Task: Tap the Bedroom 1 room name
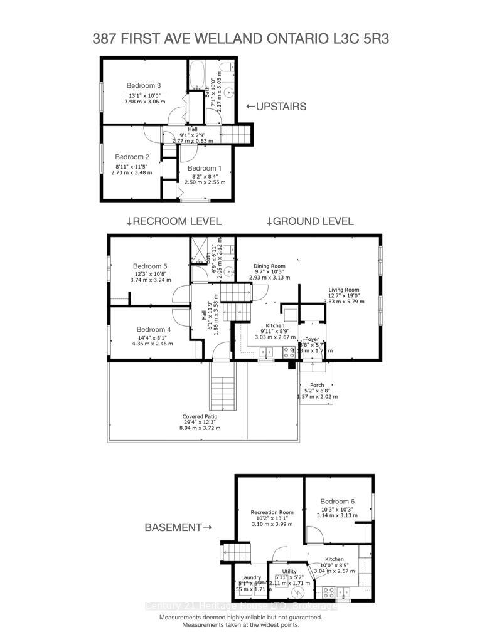click(205, 168)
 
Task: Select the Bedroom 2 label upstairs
click(132, 157)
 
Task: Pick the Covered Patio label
click(201, 417)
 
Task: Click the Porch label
click(317, 386)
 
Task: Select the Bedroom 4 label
click(153, 329)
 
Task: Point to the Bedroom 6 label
click(338, 501)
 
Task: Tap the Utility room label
click(289, 572)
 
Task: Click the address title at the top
click(240, 38)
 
